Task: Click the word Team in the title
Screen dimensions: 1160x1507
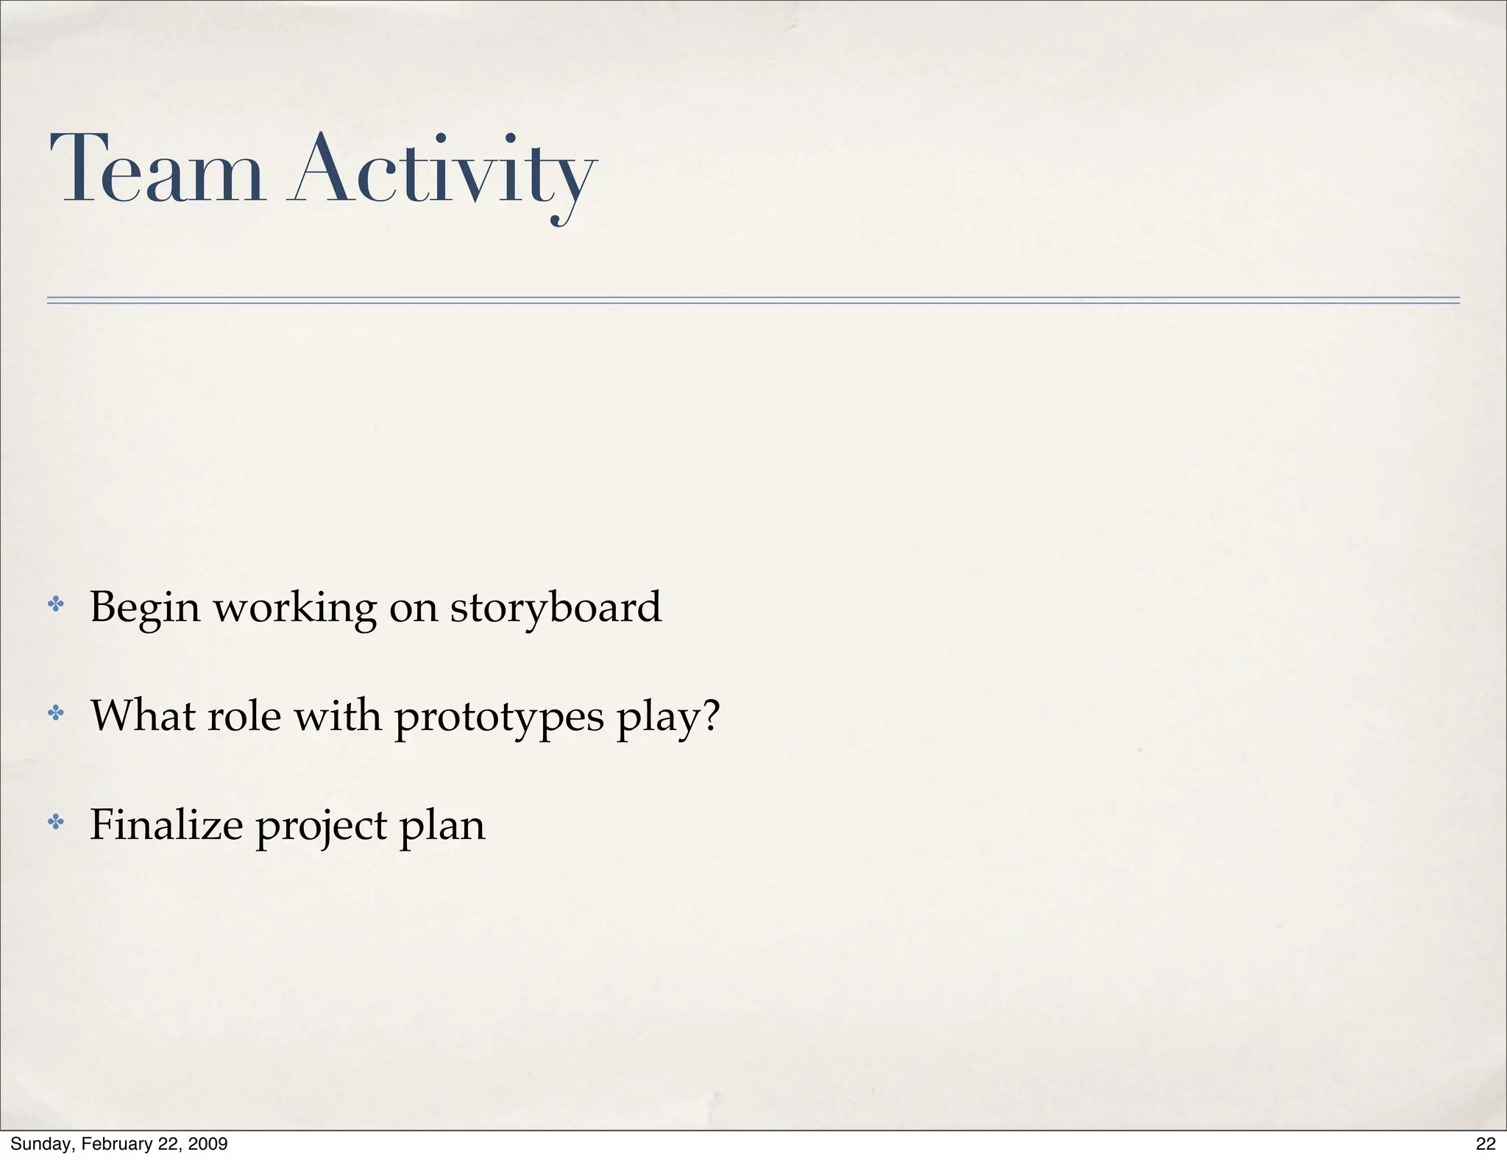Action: pos(157,170)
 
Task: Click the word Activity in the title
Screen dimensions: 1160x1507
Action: pos(444,174)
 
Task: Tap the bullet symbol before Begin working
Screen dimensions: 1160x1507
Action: pos(56,606)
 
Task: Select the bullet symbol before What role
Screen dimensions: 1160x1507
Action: pos(56,713)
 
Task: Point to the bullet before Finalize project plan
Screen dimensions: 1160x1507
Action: pos(56,822)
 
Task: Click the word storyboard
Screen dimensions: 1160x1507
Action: pos(556,609)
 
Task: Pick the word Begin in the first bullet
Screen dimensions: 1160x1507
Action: pos(145,609)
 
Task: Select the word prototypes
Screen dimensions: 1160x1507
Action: pos(499,718)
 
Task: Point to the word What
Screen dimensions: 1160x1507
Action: pos(143,715)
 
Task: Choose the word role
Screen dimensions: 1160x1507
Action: pos(244,715)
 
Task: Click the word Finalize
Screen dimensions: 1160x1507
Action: pos(166,824)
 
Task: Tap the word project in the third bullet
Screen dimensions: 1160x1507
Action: pos(322,827)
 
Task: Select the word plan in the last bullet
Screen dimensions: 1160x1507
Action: pos(442,827)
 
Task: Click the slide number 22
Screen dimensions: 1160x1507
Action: pos(1486,1144)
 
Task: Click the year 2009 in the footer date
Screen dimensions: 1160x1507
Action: pos(208,1144)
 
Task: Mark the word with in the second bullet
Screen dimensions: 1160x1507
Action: pos(338,715)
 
